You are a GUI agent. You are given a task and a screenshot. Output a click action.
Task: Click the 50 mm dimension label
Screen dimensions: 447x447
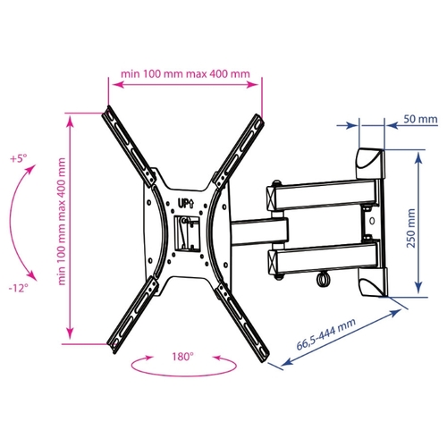420,119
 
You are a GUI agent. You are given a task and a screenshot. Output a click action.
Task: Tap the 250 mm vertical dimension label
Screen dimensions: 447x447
411,228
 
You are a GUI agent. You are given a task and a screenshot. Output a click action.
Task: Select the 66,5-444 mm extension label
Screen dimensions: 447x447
326,334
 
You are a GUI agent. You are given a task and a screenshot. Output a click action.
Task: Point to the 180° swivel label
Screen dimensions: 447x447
182,357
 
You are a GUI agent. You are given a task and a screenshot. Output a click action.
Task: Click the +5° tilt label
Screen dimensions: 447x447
19,158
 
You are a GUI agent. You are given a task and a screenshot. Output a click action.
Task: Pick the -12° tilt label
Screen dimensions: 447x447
19,288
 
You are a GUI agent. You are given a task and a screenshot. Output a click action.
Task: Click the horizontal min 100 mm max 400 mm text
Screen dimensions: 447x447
185,73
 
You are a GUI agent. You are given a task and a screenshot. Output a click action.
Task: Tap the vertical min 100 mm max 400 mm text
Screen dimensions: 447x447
62,222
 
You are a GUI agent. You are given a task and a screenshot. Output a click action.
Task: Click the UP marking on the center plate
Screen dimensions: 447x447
186,204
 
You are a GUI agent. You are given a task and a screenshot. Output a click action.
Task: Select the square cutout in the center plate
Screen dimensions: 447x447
187,232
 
